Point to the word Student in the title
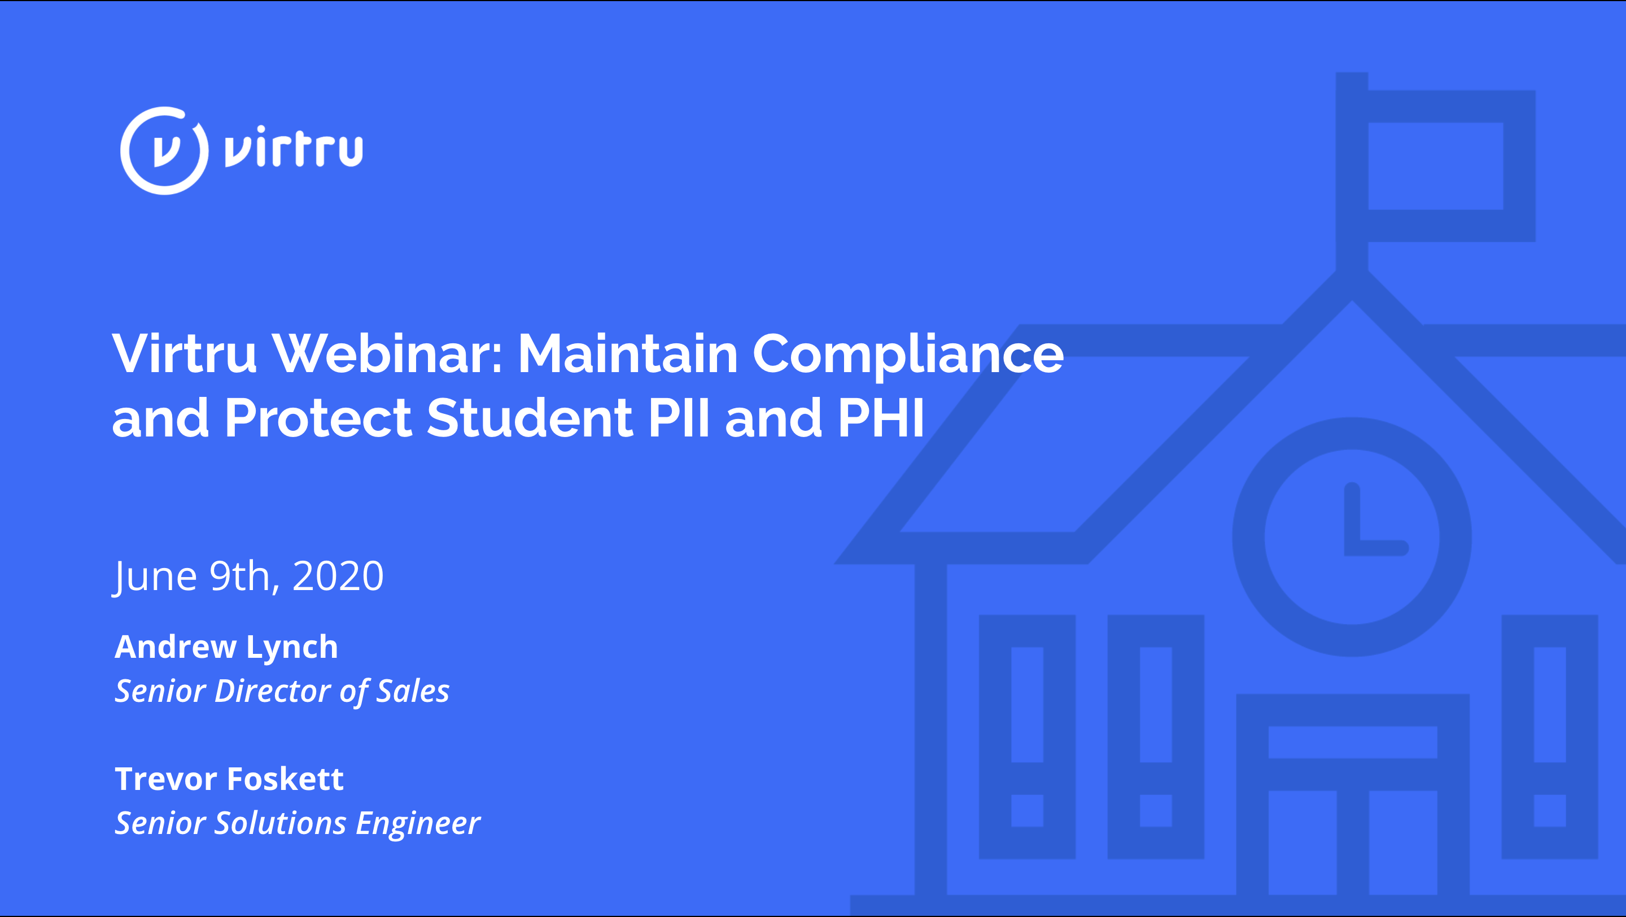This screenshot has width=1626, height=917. [x=530, y=417]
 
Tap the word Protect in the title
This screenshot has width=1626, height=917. [x=318, y=417]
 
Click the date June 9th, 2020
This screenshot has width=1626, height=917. [x=248, y=576]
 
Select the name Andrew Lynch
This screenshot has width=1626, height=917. [x=226, y=647]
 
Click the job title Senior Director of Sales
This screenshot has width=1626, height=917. [x=282, y=691]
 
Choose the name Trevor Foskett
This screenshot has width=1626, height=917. [x=229, y=779]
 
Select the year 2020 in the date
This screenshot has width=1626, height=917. [x=338, y=575]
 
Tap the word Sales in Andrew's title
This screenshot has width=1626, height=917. [x=413, y=691]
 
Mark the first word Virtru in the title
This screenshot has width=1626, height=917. [x=184, y=353]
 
